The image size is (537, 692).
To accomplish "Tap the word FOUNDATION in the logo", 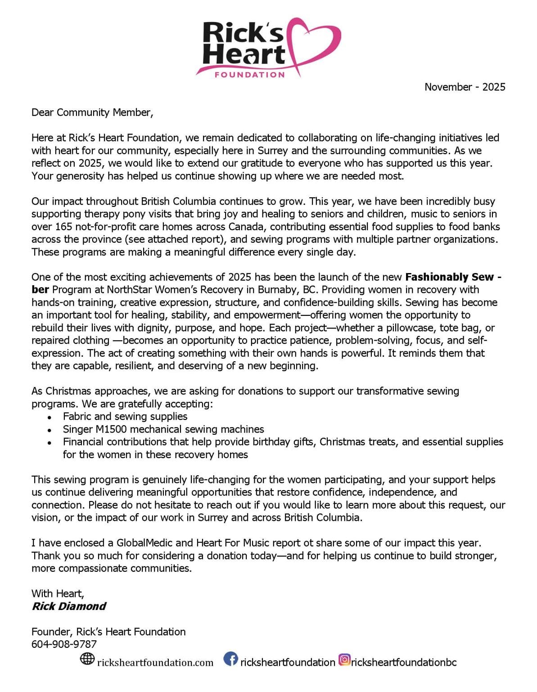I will (x=250, y=75).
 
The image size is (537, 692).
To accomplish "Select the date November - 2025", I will (x=465, y=87).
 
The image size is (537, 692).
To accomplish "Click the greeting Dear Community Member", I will (x=92, y=113).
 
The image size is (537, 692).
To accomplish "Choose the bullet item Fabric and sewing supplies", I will (x=125, y=416).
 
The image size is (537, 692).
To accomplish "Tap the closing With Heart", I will (x=58, y=593).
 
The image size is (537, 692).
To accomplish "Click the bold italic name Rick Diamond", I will (x=69, y=606).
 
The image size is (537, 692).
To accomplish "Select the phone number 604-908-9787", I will (x=64, y=644).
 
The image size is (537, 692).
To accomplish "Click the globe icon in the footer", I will (x=87, y=659).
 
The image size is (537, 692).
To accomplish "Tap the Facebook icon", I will (x=231, y=660).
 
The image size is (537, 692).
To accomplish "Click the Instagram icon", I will (x=344, y=660).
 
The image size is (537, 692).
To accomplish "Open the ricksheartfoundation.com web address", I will (x=155, y=662).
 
